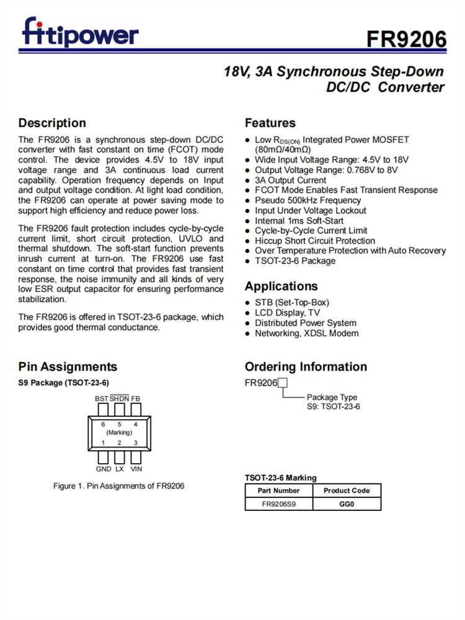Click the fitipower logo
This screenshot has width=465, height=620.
pos(81,32)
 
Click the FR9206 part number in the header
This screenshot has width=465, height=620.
pos(405,39)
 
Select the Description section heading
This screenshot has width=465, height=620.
pos(52,123)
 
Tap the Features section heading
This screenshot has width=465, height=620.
pos(270,123)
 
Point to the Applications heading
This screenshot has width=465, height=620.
pos(281,286)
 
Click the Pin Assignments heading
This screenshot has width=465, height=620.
pos(68,366)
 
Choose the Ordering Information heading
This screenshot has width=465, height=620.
pos(306,366)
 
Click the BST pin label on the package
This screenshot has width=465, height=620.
pos(102,398)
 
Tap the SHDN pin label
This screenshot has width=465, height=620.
pos(120,398)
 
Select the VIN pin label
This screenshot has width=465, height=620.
pos(136,469)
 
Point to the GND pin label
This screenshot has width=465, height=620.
pos(104,469)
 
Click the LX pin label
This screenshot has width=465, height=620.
pos(120,469)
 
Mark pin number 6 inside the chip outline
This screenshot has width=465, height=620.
pos(103,424)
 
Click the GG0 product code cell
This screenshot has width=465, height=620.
pos(347,504)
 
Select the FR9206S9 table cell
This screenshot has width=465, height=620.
pos(278,504)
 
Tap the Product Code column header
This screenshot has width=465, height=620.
pos(347,490)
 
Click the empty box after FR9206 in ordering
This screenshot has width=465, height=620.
pos(283,383)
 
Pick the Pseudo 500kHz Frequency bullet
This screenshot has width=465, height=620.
pos(308,200)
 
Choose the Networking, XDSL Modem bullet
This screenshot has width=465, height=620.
pos(306,333)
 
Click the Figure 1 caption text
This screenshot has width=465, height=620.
pos(118,485)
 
